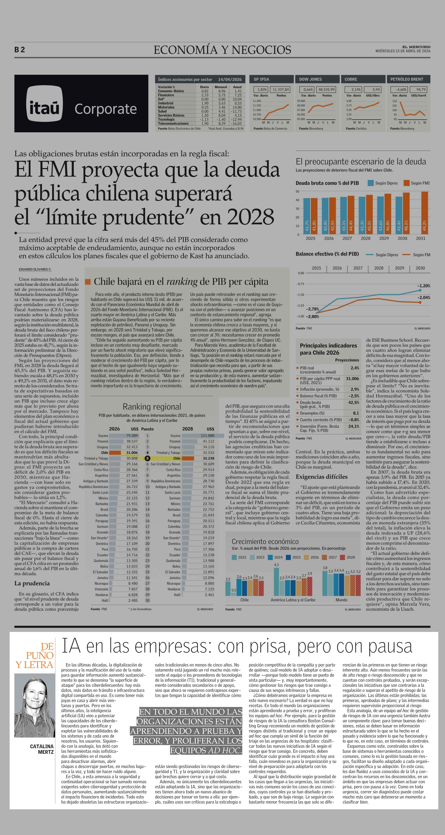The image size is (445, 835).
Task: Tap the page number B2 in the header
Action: click(20, 50)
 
